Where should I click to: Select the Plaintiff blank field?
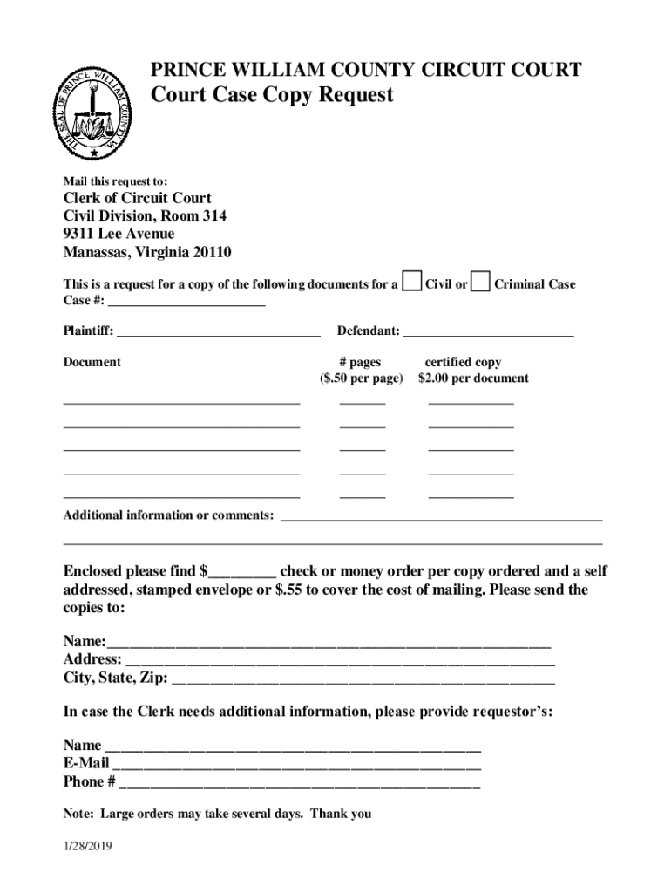[218, 331]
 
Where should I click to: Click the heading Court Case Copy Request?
[272, 95]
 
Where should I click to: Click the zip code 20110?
[212, 253]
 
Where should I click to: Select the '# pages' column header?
[361, 362]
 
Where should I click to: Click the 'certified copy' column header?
[463, 362]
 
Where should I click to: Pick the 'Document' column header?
[92, 362]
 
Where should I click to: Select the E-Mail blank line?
[296, 765]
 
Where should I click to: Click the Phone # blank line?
[299, 782]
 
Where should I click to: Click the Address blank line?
[340, 660]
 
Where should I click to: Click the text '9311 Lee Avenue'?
[119, 235]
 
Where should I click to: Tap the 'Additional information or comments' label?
[168, 515]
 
